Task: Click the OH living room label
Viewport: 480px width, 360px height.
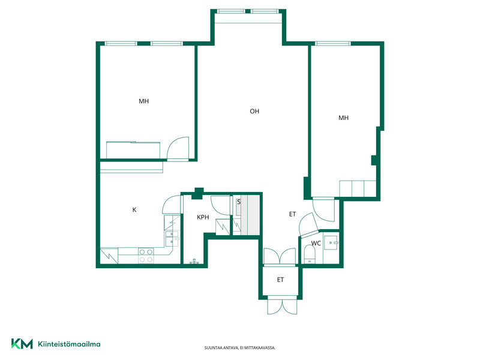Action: click(254, 111)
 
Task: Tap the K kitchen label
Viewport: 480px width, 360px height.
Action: click(134, 209)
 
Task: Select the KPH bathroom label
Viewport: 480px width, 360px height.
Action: click(203, 217)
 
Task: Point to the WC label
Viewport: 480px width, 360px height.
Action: click(316, 243)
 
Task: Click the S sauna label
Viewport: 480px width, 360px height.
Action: click(239, 202)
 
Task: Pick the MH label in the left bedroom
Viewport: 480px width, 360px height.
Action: click(143, 101)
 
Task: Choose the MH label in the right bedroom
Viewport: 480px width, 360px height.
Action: click(343, 118)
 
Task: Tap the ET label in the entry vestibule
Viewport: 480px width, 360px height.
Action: click(280, 280)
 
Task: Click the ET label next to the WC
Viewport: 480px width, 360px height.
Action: click(292, 214)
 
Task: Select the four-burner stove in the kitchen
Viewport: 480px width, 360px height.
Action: click(146, 256)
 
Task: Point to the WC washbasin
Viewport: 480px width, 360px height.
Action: click(331, 243)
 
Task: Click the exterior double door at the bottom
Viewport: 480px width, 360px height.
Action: click(282, 305)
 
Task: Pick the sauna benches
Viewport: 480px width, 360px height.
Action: click(250, 215)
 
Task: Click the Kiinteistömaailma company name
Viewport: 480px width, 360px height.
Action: click(69, 344)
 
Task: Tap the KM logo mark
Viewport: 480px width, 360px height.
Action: click(22, 343)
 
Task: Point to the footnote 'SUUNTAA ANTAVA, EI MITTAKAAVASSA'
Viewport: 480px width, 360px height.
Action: click(240, 348)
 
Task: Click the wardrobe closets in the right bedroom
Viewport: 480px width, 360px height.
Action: click(358, 188)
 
